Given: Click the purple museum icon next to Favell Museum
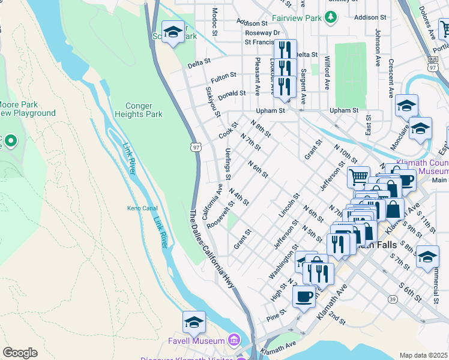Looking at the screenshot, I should pos(234,341).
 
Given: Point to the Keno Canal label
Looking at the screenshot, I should pos(142,208).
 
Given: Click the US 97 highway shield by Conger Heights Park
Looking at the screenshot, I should pos(196,146).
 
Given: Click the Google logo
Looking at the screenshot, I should pos(20,353).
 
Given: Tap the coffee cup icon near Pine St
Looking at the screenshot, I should pos(304,296).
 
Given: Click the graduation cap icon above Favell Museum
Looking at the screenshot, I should pos(194,323).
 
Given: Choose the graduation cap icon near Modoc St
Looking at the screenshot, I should pos(173,32).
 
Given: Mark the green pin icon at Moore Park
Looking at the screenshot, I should pos(10,142).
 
